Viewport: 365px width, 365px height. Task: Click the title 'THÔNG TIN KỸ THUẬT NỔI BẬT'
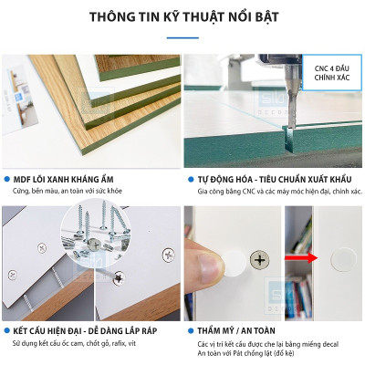pos(182,17)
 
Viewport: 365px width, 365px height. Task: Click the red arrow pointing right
pos(297,260)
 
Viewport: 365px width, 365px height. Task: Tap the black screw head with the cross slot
pos(261,261)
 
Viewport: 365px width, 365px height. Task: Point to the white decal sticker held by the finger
pos(235,261)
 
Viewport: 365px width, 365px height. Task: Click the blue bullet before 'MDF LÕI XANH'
pos(7,181)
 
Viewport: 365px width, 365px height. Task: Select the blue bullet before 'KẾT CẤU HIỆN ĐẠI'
pos(7,328)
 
